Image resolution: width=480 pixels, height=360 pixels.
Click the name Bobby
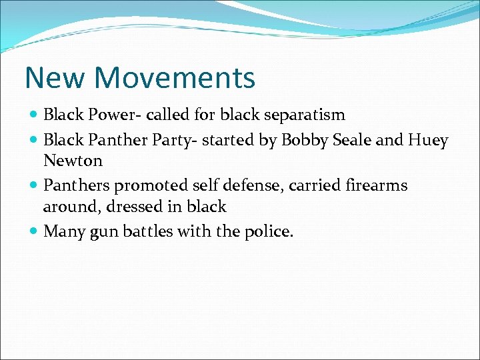click(x=303, y=139)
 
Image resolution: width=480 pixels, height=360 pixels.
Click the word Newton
click(x=73, y=161)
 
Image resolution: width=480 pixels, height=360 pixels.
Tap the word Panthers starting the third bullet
click(x=73, y=185)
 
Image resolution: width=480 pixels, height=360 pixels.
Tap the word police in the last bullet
click(x=268, y=231)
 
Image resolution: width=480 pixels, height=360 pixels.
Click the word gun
click(x=105, y=231)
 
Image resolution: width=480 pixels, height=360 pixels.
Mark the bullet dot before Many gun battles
click(x=34, y=232)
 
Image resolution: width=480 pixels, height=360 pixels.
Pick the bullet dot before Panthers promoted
click(x=34, y=186)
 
